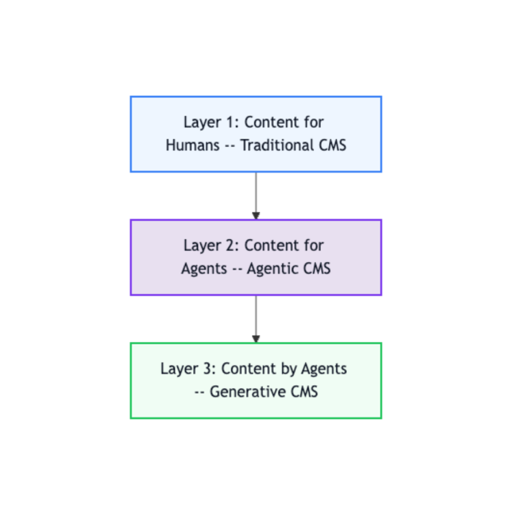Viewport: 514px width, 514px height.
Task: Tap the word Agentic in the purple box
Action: click(x=274, y=269)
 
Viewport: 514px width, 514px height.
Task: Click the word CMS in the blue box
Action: click(x=332, y=145)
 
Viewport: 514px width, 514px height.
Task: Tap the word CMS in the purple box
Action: click(x=317, y=269)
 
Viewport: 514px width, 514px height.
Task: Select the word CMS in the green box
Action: click(x=303, y=392)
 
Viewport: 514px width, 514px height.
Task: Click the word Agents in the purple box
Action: click(x=204, y=269)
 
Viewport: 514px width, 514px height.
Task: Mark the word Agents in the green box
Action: click(x=324, y=369)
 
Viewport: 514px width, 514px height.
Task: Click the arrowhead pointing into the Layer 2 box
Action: click(x=256, y=216)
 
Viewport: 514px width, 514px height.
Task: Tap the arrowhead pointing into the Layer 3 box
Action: click(x=256, y=339)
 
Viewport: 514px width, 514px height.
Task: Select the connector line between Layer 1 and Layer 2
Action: click(x=256, y=192)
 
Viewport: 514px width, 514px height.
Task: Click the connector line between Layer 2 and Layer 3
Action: click(x=256, y=315)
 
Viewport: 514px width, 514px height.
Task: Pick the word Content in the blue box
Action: click(x=271, y=123)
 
